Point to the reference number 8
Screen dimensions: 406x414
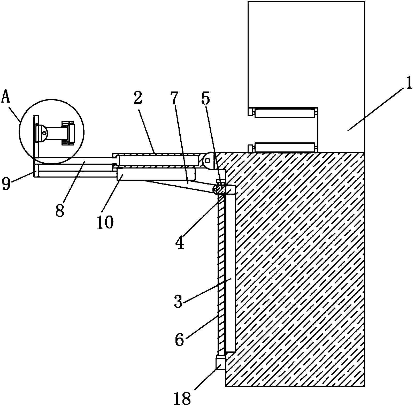pyautogui.click(x=60, y=210)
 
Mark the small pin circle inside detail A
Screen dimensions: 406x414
pyautogui.click(x=44, y=133)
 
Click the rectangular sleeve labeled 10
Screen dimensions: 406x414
pyautogui.click(x=156, y=174)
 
